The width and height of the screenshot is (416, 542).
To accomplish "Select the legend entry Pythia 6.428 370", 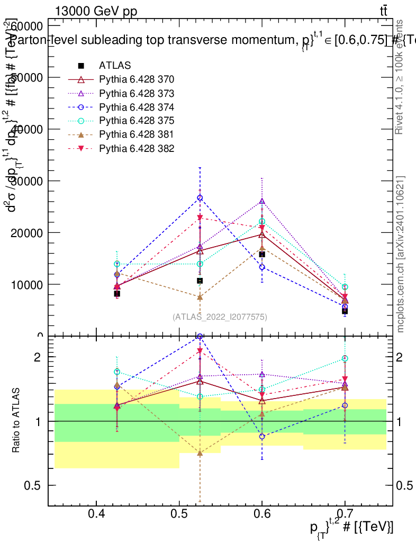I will click(x=137, y=79).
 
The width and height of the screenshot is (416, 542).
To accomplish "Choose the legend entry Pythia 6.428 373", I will click(x=137, y=93).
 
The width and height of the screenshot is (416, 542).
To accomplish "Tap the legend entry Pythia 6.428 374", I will click(x=137, y=107).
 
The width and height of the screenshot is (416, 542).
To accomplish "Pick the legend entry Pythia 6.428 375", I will click(x=137, y=121).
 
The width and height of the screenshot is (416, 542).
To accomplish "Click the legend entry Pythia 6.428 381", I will click(x=137, y=134).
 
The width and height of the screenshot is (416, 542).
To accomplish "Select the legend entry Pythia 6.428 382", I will click(x=137, y=148).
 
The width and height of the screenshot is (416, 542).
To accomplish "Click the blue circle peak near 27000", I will click(x=200, y=198).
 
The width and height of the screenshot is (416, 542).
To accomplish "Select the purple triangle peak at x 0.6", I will click(x=262, y=201).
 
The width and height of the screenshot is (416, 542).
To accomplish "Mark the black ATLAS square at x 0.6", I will click(x=262, y=255).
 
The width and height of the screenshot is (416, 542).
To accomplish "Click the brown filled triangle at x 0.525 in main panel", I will click(x=200, y=297).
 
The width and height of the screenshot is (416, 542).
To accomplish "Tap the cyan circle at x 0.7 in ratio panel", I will click(x=345, y=358).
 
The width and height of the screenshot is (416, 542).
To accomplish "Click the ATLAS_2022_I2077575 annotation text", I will click(x=220, y=317).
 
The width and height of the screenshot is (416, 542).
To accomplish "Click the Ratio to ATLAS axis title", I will click(x=16, y=421).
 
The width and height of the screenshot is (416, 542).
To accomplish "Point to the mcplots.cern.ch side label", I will click(x=401, y=254).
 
